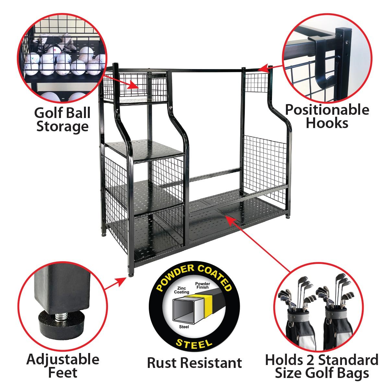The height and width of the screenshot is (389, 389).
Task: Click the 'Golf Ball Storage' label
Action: [x=62, y=120]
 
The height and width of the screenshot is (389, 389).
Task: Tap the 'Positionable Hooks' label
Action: [x=327, y=116]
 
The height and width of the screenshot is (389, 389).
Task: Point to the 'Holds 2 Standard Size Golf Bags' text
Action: [x=322, y=366]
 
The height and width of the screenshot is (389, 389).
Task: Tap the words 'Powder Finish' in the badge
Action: [x=203, y=286]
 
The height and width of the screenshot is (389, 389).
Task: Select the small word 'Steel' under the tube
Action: [x=183, y=327]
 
